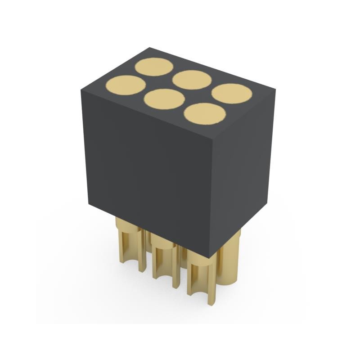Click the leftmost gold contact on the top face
coord(126,85)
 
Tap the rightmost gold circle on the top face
coord(231,93)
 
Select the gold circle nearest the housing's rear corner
coord(154,67)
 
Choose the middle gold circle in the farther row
coord(192,80)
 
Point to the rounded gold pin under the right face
coord(232,261)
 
